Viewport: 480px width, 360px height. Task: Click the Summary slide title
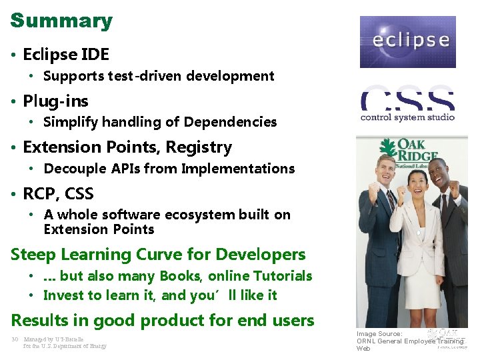61,20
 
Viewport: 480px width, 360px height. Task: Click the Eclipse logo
407,41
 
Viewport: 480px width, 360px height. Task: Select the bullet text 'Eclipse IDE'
66,54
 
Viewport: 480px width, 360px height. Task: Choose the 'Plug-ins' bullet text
55,101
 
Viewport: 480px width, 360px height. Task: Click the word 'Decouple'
70,169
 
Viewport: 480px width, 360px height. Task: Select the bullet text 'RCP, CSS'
58,194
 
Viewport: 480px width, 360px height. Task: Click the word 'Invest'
64,295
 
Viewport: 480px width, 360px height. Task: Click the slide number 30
14,339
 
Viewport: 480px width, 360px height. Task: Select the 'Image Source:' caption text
379,333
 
